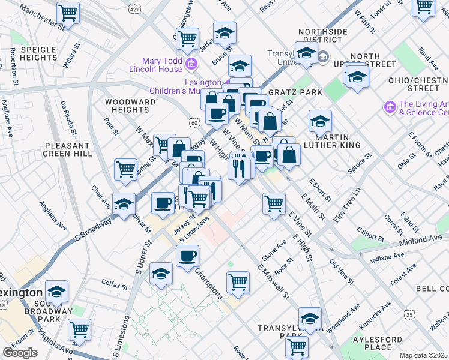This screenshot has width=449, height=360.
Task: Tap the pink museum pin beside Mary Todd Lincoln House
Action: coord(191,64)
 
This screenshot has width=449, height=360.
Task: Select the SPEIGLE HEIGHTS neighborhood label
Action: coord(38,53)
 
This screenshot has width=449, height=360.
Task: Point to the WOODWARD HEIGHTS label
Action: coord(130,106)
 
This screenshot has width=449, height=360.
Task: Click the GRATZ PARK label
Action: coord(295,92)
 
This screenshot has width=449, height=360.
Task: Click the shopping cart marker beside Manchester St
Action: coord(68,11)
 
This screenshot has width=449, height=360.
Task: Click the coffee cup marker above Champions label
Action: coord(187,256)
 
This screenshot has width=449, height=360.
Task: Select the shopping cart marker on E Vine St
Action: coord(274,203)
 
